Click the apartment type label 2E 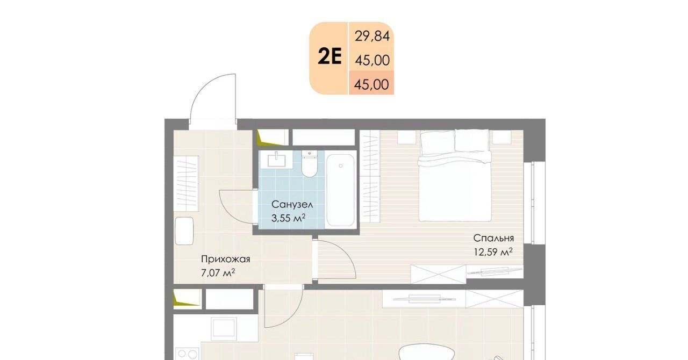(x=329, y=57)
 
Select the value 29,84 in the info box (x=372, y=36)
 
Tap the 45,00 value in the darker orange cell (x=371, y=84)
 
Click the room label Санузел (x=292, y=204)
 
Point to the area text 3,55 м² (x=288, y=218)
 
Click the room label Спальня (x=493, y=238)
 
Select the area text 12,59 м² (x=493, y=252)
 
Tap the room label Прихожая (x=225, y=259)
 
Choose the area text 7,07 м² (x=218, y=273)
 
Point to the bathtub (x=340, y=190)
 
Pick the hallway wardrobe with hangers (x=186, y=183)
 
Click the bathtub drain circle (x=341, y=166)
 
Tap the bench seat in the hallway (x=184, y=231)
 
